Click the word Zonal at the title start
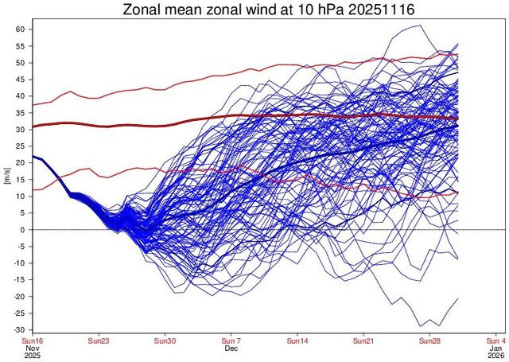pyautogui.click(x=144, y=10)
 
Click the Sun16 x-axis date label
pyautogui.click(x=32, y=341)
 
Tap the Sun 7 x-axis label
pyautogui.click(x=231, y=341)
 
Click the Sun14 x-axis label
pyautogui.click(x=297, y=341)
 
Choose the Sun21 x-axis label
pyautogui.click(x=363, y=341)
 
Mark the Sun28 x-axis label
pyautogui.click(x=429, y=341)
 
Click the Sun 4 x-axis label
pyautogui.click(x=495, y=341)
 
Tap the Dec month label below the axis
pyautogui.click(x=231, y=348)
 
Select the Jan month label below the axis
pyautogui.click(x=495, y=348)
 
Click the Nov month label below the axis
pyautogui.click(x=32, y=348)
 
